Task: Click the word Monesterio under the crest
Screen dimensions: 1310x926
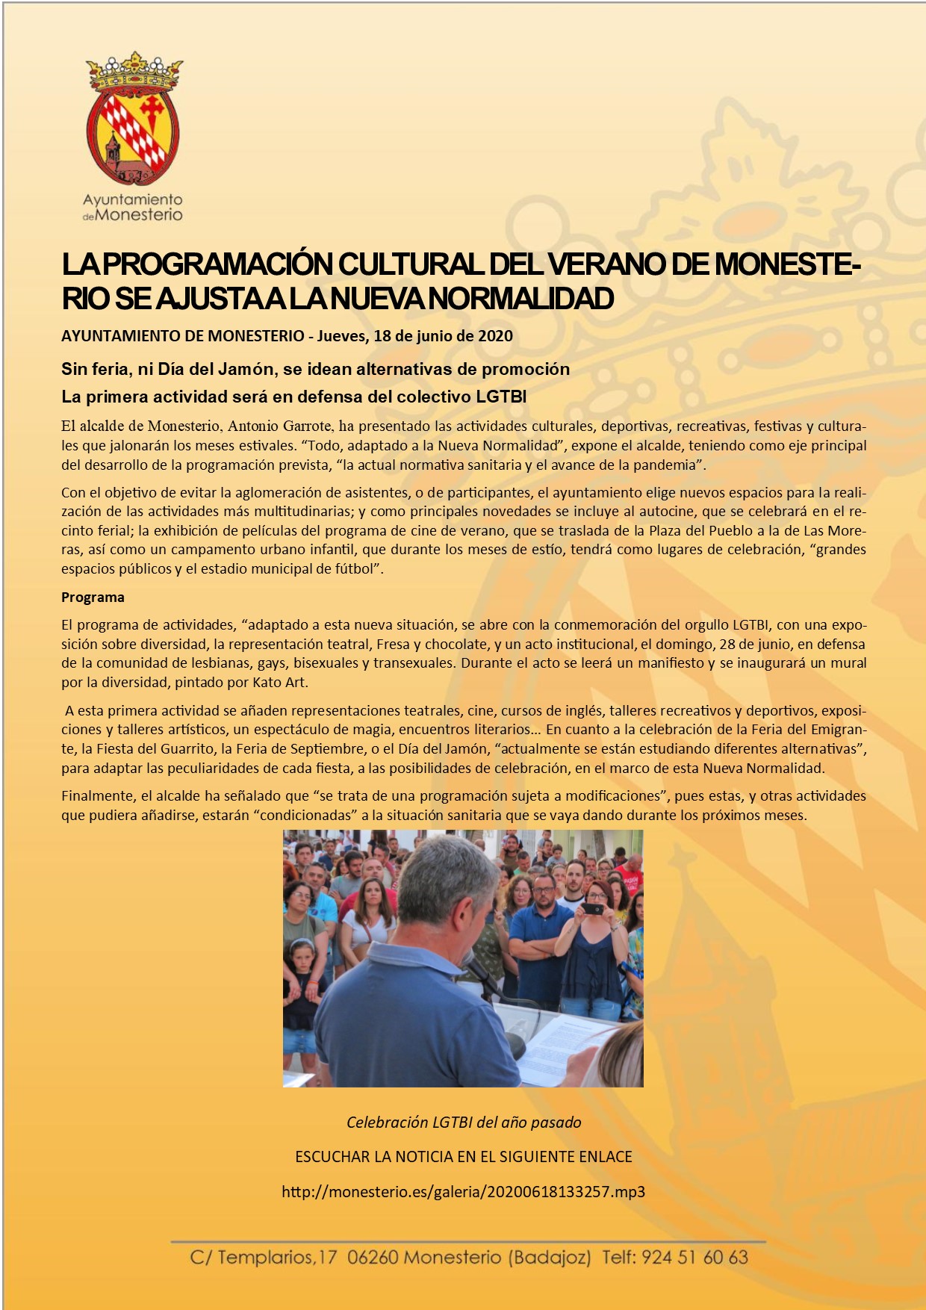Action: tap(140, 215)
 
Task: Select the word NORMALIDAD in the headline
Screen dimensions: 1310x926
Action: tap(522, 298)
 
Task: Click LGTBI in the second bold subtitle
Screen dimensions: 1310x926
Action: tap(501, 397)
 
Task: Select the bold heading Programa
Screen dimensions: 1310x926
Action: tap(93, 597)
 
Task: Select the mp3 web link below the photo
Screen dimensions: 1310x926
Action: tap(463, 1192)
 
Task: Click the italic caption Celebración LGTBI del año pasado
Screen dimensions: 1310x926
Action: tap(463, 1123)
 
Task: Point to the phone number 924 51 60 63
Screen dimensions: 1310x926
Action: tap(694, 1258)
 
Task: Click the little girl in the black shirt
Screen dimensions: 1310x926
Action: tap(302, 986)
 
